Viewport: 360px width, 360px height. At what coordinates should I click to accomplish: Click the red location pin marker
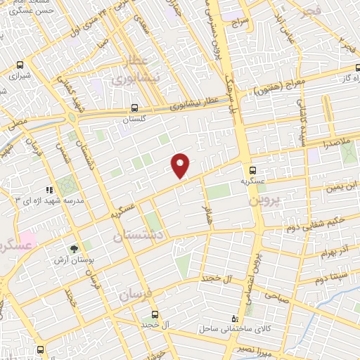181,165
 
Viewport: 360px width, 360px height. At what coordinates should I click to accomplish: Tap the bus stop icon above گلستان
134,108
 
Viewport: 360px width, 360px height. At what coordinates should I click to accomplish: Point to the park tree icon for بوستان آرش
73,248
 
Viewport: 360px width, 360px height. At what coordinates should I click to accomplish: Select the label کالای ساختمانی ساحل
210,328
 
